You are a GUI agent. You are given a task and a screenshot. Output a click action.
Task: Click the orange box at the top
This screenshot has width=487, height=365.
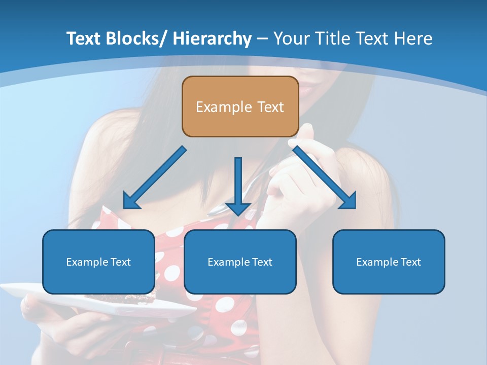tap(240, 106)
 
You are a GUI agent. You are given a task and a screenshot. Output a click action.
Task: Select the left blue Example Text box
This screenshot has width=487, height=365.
tap(98, 262)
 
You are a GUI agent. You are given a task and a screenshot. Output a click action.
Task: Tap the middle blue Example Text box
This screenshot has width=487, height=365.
tap(240, 262)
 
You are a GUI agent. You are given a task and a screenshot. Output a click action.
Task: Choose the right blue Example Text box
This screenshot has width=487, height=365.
tap(389, 262)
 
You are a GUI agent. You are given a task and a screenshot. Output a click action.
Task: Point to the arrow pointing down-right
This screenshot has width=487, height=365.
tap(325, 177)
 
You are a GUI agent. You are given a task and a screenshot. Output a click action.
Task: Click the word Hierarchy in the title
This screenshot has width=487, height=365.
tap(212, 39)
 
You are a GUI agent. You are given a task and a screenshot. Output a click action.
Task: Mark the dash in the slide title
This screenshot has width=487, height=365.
tap(262, 39)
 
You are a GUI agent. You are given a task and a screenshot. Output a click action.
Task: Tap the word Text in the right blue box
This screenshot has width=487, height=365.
tap(410, 262)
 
